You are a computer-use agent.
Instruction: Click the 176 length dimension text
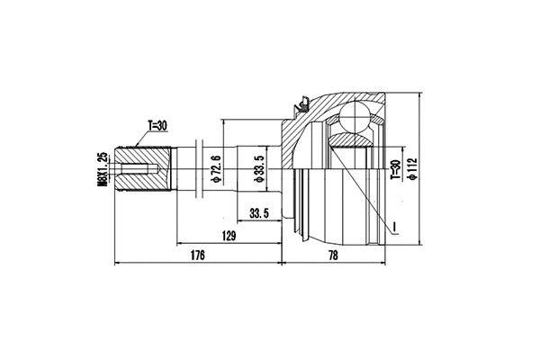198,256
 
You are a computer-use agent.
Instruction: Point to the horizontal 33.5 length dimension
260,214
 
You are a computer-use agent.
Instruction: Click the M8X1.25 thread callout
103,169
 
